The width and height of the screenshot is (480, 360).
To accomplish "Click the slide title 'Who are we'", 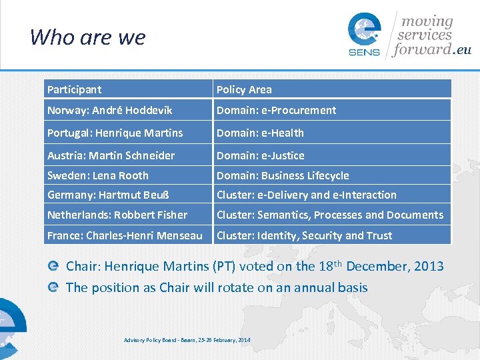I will [87, 37].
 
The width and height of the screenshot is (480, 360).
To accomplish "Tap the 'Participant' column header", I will [74, 89].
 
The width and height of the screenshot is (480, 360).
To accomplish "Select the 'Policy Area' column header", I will [244, 89].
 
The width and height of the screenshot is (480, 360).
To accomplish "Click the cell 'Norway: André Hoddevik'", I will [109, 110].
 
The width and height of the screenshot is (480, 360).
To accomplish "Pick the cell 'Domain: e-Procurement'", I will [276, 110].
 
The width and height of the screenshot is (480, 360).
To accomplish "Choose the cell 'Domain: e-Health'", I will [260, 133].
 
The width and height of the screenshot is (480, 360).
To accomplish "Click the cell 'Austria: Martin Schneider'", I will [111, 155].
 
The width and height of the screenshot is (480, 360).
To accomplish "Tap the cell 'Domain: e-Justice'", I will [261, 155].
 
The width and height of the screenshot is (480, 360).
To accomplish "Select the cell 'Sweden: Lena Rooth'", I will [98, 175].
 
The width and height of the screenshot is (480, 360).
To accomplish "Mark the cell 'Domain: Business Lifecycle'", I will [283, 175].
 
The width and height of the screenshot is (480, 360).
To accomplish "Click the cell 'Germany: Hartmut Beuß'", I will [109, 195].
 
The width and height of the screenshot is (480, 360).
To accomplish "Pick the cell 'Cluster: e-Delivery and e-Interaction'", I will [307, 195].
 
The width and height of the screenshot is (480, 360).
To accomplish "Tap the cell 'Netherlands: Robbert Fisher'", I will [117, 215].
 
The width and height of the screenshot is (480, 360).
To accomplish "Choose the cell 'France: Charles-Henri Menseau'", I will [125, 235].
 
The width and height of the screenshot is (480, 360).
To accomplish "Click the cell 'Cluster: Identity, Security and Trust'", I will [305, 235].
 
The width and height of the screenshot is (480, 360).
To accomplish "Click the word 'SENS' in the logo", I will [364, 52].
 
